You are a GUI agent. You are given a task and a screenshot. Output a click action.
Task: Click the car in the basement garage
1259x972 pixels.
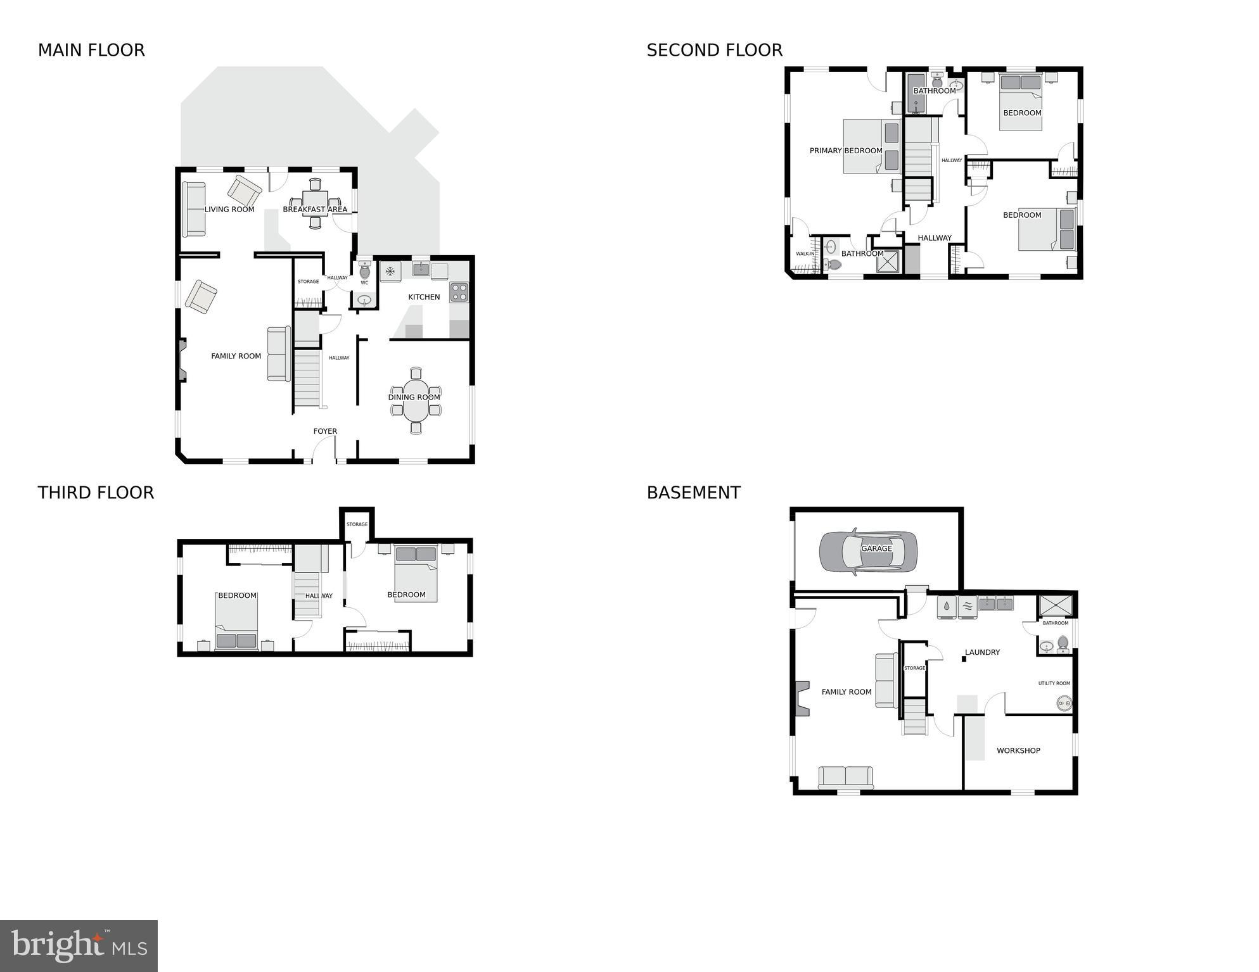(867, 551)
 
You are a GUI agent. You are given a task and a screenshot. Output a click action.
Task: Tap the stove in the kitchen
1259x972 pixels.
(459, 292)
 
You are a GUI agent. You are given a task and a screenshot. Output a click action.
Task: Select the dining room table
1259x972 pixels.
(416, 400)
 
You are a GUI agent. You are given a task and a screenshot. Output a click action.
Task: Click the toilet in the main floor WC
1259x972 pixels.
(364, 271)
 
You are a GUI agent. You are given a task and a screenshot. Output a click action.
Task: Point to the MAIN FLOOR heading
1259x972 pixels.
(91, 50)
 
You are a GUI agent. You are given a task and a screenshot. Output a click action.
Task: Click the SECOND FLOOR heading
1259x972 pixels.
(714, 50)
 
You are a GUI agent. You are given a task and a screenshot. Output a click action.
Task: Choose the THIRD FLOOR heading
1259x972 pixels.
(96, 493)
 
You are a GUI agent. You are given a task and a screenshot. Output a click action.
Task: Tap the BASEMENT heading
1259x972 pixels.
(693, 493)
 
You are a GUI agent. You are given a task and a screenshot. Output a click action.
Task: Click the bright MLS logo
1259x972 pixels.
(79, 945)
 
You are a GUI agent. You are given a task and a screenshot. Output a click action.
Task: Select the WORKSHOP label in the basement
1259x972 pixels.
(1018, 750)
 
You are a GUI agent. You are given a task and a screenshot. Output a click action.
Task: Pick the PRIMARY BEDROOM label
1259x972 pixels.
(845, 151)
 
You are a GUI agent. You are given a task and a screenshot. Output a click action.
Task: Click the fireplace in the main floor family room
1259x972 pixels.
(182, 360)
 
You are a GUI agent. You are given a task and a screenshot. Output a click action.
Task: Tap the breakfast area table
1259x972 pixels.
(315, 204)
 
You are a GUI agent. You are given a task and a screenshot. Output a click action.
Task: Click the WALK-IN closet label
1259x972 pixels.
(805, 254)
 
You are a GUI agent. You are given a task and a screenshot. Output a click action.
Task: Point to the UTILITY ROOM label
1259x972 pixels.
(1054, 683)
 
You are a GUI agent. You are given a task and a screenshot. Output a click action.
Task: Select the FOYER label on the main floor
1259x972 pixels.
(325, 431)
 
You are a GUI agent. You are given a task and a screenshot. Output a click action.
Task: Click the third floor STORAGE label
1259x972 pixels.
(357, 524)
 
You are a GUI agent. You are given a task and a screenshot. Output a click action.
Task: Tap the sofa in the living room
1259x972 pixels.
(194, 209)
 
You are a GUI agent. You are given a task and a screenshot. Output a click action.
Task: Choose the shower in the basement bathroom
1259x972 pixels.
(1056, 605)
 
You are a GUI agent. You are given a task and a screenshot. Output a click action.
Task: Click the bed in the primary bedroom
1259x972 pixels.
(871, 146)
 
